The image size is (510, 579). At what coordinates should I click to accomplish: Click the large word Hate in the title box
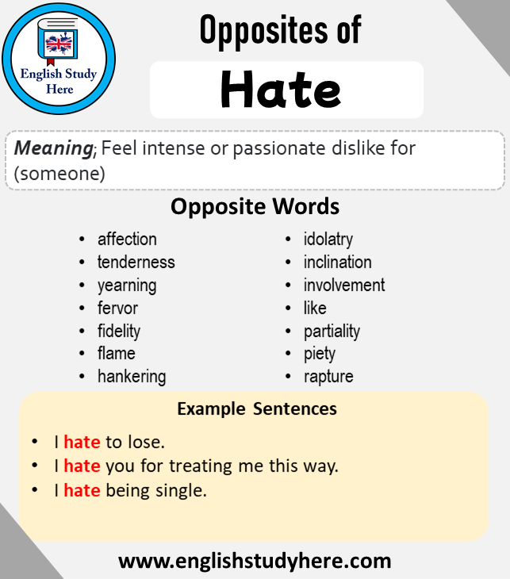pos(281,90)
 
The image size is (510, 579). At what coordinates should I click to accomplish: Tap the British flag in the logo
pos(59,44)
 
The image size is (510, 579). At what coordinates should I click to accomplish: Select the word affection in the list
pos(127,240)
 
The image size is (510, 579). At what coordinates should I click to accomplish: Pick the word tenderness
pos(136,263)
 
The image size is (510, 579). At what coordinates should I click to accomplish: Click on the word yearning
pos(127,286)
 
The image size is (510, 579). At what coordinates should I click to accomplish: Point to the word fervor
pos(117,309)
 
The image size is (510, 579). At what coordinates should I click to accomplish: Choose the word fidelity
pos(119,332)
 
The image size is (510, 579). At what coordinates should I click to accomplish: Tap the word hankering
pos(132,377)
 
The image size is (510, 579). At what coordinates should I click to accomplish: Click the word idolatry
pos(328,240)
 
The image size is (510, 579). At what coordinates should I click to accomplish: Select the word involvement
pos(344,285)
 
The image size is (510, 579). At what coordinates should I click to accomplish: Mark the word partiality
pos(332,332)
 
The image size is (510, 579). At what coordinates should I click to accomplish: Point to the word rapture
pos(328,377)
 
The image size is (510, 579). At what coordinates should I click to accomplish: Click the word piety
pos(320,354)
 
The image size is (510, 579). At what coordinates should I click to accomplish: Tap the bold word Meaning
pos(54,148)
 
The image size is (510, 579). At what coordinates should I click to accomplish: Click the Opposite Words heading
pos(255,206)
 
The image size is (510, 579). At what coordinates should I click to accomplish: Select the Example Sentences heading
pos(257,408)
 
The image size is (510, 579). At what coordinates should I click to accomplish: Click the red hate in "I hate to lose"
pos(82,442)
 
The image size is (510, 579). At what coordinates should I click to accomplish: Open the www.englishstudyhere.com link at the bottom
pos(255,561)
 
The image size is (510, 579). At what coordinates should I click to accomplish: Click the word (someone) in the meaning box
pos(59,174)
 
